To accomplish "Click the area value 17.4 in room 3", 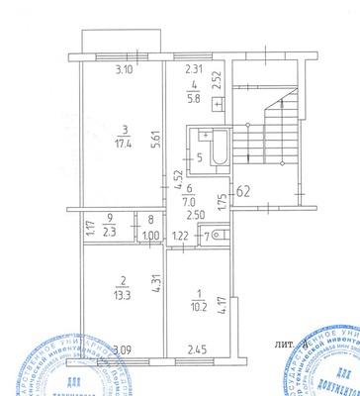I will [125, 143].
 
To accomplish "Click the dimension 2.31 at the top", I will [196, 69].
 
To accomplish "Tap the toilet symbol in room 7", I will [218, 235].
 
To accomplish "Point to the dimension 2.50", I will [196, 214].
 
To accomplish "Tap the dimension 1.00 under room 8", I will [150, 236].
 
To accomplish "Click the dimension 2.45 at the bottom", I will [198, 348].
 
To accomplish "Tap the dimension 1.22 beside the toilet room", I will [181, 236].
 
